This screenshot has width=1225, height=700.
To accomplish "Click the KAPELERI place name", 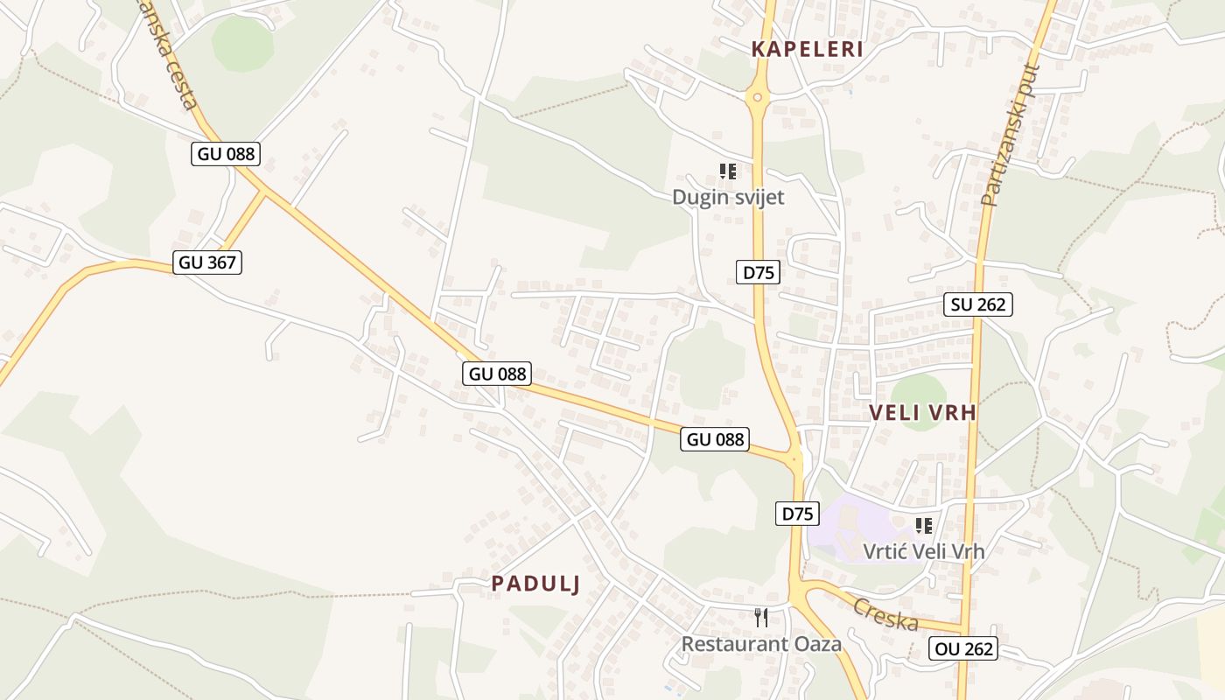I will pyautogui.click(x=808, y=49).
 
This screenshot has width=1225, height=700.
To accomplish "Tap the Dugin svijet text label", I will pyautogui.click(x=728, y=197).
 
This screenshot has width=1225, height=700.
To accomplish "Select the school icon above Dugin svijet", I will pyautogui.click(x=728, y=171).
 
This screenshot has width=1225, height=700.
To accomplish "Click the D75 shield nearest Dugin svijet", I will pyautogui.click(x=759, y=272).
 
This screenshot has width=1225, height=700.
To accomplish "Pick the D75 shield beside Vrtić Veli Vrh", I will pyautogui.click(x=797, y=514).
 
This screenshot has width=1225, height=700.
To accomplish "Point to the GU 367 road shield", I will pyautogui.click(x=207, y=262).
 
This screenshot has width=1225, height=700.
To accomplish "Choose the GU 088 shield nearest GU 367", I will pyautogui.click(x=226, y=154).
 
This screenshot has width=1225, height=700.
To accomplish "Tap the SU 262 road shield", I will pyautogui.click(x=978, y=304).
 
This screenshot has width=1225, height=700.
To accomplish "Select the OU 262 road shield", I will pyautogui.click(x=963, y=648).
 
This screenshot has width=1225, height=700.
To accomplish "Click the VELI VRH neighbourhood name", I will pyautogui.click(x=922, y=413).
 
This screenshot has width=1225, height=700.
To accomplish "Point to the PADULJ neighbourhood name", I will pyautogui.click(x=535, y=584).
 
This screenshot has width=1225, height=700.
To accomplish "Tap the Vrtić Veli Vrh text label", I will pyautogui.click(x=923, y=551).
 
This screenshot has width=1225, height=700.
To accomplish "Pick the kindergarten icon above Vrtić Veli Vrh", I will pyautogui.click(x=923, y=525).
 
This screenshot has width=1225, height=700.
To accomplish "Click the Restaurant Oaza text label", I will pyautogui.click(x=761, y=644).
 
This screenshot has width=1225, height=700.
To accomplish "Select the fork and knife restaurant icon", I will pyautogui.click(x=761, y=618).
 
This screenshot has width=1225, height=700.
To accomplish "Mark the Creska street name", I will pyautogui.click(x=885, y=614).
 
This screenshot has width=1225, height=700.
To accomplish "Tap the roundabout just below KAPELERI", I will pyautogui.click(x=758, y=97).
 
